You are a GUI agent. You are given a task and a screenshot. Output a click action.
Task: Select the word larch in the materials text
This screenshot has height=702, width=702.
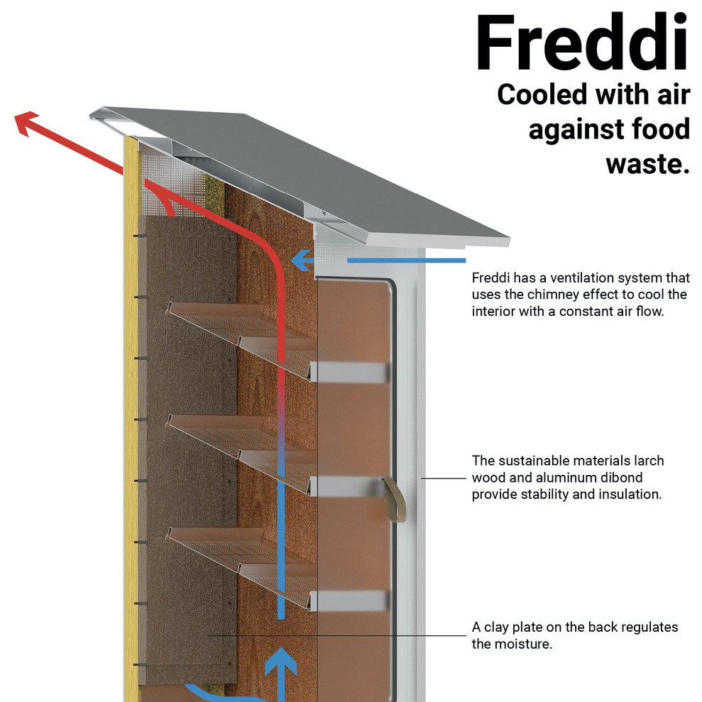coord(646,461)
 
